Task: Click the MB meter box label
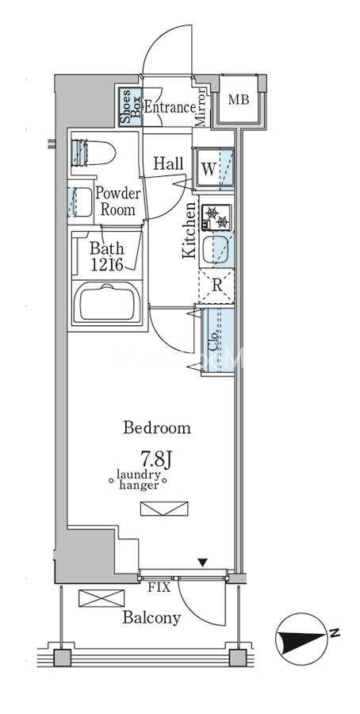point(239,100)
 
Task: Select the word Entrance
point(170,108)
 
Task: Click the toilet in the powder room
point(93,153)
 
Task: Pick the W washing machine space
point(213,168)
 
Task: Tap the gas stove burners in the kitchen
point(216,217)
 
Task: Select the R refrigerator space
point(217,286)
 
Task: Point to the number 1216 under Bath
point(106,265)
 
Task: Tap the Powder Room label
point(118,202)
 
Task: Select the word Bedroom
point(158,428)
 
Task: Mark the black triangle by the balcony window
point(204,562)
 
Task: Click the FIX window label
point(159,587)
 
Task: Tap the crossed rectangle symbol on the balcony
point(101,598)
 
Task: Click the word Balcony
point(152,618)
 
